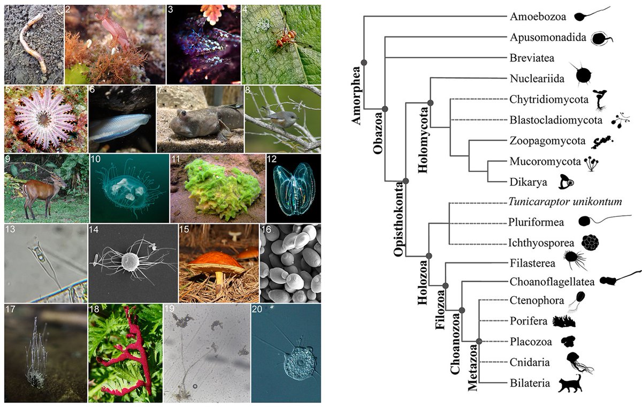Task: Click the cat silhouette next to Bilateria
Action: (x=570, y=385)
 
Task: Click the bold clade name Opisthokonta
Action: (x=399, y=220)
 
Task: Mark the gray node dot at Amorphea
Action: (x=364, y=63)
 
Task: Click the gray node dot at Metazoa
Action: (x=479, y=341)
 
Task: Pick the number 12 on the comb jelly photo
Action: (x=273, y=160)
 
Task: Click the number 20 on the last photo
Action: (x=258, y=310)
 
